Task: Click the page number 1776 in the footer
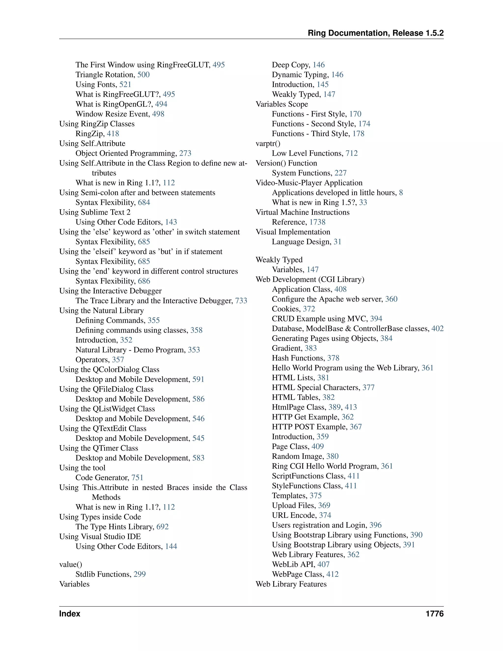click(x=434, y=614)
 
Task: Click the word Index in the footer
click(x=70, y=614)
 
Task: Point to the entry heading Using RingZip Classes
click(x=97, y=124)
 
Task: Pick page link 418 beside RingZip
click(x=113, y=134)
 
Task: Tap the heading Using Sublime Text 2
click(x=95, y=212)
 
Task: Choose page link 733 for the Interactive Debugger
click(x=241, y=300)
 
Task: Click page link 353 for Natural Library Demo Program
click(x=194, y=350)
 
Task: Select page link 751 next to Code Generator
click(x=137, y=478)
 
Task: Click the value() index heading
click(x=71, y=564)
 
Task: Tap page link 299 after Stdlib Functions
click(x=140, y=574)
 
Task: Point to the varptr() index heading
click(x=268, y=143)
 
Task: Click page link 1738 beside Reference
click(x=317, y=222)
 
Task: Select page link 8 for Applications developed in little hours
click(x=401, y=193)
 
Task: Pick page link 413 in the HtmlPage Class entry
click(x=351, y=407)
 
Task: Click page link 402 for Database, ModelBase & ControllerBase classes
click(x=437, y=328)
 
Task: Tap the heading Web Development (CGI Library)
click(x=310, y=279)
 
